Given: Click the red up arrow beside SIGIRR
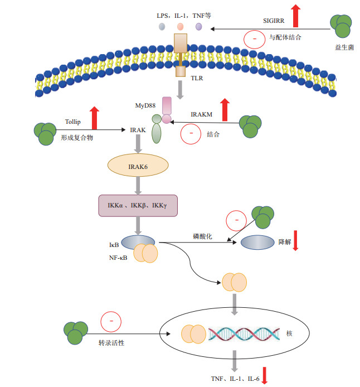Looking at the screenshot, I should coord(296,16).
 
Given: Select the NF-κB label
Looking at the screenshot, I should coord(116,258).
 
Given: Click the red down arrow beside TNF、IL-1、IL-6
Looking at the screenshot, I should coord(265,375).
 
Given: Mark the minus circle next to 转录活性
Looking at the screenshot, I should coord(111,322).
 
